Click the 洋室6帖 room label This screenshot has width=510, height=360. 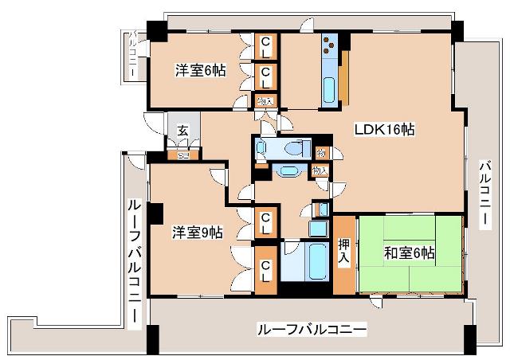click(201, 71)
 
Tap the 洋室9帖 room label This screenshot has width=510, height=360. click(198, 233)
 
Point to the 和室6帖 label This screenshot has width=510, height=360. click(409, 253)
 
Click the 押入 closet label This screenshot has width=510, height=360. click(344, 251)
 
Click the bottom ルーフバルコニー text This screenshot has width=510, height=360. click(312, 328)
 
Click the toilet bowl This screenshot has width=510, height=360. click(296, 148)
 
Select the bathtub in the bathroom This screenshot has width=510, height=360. click(306, 260)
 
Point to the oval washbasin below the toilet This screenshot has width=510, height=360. click(285, 170)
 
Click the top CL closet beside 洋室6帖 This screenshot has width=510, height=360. click(265, 46)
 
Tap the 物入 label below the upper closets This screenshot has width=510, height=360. click(265, 100)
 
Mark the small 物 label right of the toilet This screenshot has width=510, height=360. click(320, 153)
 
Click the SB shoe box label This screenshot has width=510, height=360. click(182, 155)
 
